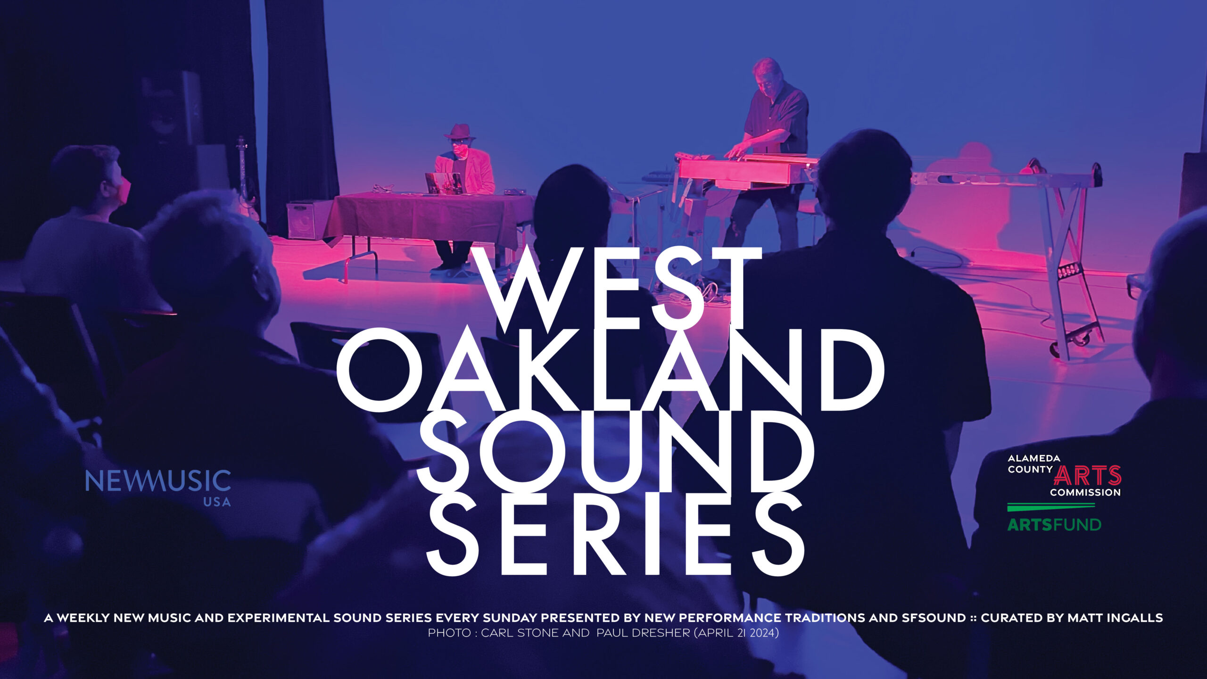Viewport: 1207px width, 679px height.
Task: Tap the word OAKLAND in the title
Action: click(610, 370)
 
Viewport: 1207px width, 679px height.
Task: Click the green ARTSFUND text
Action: click(1054, 524)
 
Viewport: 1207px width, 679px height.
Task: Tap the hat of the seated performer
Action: click(460, 131)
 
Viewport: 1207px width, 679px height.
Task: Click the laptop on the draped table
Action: click(443, 183)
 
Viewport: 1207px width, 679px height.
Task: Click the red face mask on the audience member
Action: click(124, 190)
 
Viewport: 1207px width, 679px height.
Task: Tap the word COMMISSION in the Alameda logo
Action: click(1085, 492)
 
